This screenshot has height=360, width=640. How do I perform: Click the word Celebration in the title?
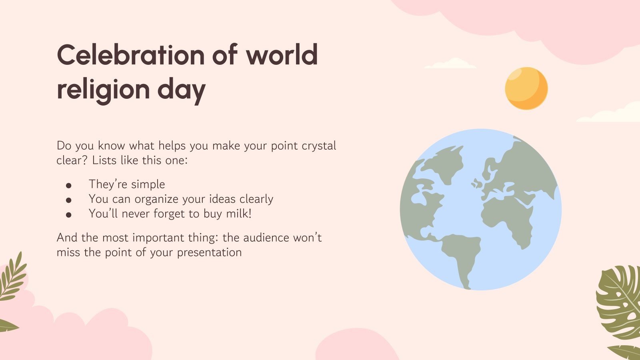coord(131,55)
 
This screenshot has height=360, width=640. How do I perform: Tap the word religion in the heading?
coord(104,90)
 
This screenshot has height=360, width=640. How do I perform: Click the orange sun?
coord(526,88)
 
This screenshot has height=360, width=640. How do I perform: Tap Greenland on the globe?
coord(446,163)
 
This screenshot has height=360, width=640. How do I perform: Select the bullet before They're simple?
coord(68,186)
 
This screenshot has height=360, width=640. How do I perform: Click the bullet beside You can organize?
coord(68,200)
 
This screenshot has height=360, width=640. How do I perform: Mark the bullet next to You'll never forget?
coord(68,215)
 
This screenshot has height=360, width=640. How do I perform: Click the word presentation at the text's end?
coord(210,253)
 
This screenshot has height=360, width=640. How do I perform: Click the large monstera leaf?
coord(619,303)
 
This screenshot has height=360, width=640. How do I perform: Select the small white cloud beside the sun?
coord(450,64)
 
